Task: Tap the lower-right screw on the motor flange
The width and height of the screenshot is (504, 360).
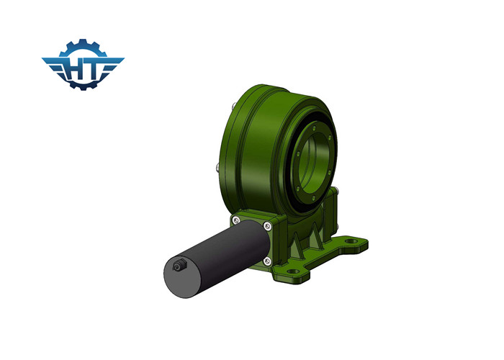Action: pyautogui.click(x=267, y=260)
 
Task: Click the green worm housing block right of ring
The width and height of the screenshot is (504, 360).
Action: pyautogui.click(x=333, y=212)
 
